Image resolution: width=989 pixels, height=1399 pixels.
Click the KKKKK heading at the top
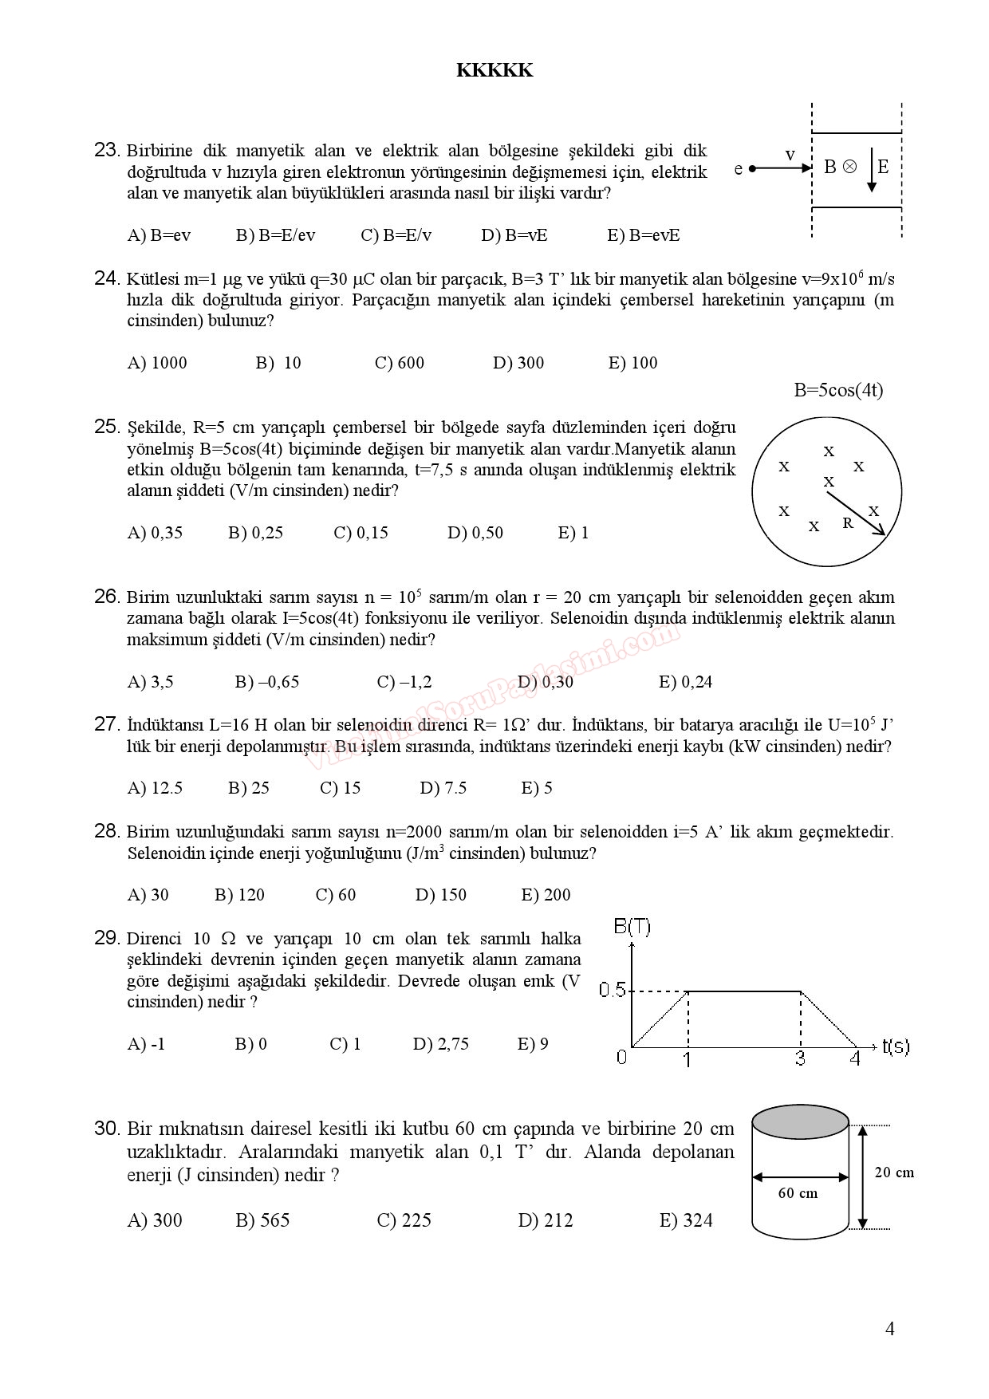coord(494,70)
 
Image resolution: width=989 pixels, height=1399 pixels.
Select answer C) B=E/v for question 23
coord(396,235)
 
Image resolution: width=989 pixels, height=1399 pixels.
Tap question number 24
coord(107,278)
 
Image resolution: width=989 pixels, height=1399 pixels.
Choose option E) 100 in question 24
coord(632,363)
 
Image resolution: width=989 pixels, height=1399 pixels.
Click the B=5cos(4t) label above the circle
coord(838,390)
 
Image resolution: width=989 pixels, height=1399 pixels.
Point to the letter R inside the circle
coord(848,523)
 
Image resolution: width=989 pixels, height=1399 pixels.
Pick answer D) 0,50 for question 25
coord(475,533)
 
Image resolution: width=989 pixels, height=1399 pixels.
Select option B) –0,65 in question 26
coord(267,682)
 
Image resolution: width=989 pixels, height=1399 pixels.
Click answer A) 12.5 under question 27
coord(155,788)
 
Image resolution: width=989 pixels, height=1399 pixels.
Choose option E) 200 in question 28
coord(546,895)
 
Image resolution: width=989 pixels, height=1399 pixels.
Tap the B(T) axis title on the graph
coord(632,927)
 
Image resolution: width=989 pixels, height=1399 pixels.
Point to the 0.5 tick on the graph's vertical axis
coord(613,990)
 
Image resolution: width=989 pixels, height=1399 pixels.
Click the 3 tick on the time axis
coord(801,1058)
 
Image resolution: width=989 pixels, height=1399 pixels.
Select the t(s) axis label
coord(896,1046)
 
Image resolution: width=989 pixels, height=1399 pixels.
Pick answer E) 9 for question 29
coord(533,1044)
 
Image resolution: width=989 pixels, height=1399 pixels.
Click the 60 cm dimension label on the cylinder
coord(798,1193)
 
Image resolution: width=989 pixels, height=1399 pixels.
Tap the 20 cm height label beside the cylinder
coord(894,1172)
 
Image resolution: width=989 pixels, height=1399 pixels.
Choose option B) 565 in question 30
coord(262,1220)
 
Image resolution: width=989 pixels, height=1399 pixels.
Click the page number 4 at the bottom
coord(889,1329)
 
